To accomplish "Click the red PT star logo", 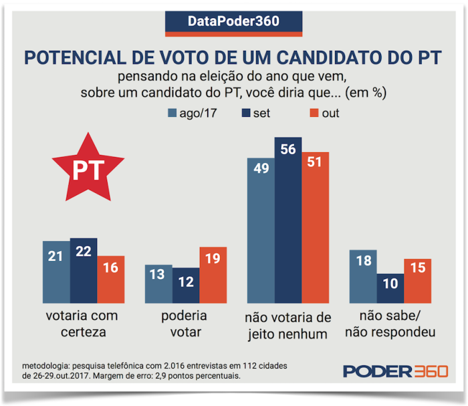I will tap(88, 168).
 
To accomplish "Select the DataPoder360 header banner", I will tap(233, 21).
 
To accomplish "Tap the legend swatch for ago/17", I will tap(171, 113).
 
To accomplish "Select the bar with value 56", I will tap(287, 220).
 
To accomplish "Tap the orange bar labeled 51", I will tap(315, 227).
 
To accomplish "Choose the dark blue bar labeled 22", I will tap(84, 270).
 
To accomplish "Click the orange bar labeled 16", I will tap(111, 278).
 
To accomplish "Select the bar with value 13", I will tap(159, 284).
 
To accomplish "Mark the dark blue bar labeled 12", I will tap(186, 286).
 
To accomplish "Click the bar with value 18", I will tap(363, 276).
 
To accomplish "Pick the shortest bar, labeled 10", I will tap(390, 288).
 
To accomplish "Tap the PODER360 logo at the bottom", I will tap(395, 372).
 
